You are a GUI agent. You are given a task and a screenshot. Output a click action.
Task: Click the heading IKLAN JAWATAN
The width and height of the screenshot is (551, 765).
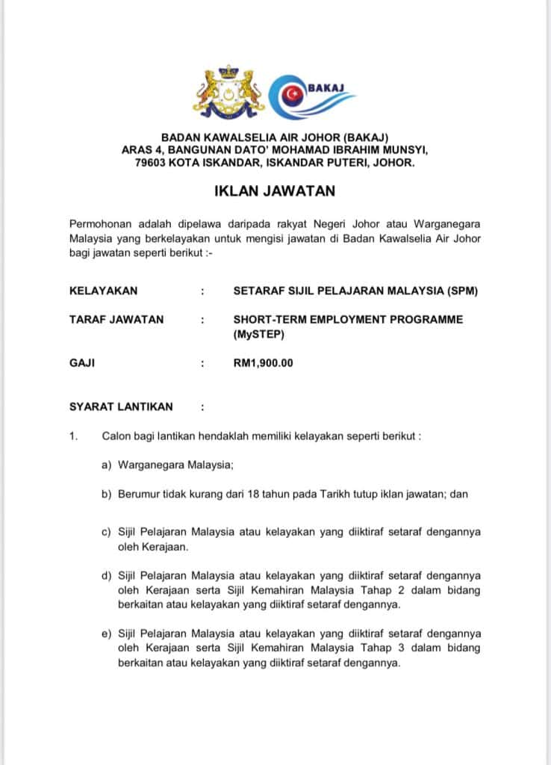click(275, 191)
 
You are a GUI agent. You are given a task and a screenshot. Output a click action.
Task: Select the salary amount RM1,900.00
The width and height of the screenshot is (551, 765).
click(264, 363)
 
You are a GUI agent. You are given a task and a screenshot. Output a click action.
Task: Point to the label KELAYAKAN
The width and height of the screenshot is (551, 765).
click(103, 291)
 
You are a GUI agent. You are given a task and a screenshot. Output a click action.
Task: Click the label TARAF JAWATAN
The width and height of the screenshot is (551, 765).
click(116, 319)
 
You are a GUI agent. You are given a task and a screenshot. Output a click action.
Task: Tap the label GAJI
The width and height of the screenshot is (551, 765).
click(82, 363)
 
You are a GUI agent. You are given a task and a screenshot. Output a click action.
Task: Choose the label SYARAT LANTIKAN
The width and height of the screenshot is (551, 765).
click(121, 406)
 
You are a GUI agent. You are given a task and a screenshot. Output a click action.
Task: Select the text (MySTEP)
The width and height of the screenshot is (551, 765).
click(259, 334)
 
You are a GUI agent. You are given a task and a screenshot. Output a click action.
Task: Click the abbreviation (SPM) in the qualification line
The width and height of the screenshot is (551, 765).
click(462, 291)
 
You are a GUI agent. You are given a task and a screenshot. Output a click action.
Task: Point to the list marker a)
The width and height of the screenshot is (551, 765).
click(107, 465)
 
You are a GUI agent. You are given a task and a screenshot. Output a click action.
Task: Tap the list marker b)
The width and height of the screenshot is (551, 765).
click(107, 494)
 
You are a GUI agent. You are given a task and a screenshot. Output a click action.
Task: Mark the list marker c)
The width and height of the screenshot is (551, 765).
click(107, 532)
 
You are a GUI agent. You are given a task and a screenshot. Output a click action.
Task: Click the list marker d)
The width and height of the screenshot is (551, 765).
click(107, 576)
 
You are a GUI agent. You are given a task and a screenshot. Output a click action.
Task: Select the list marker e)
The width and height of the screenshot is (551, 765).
click(107, 634)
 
